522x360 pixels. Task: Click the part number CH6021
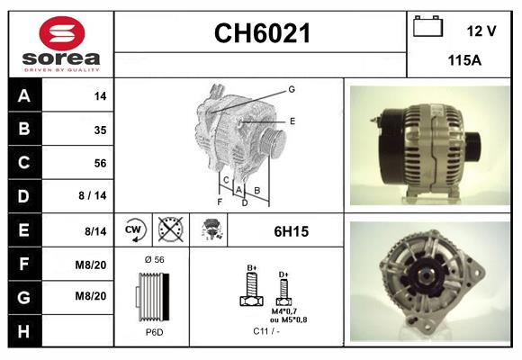[261, 34]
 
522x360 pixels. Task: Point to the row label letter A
[23, 95]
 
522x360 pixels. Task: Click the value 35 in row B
[100, 130]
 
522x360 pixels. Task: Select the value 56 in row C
[100, 163]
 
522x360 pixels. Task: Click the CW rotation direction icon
[133, 230]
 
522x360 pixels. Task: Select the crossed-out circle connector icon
[168, 230]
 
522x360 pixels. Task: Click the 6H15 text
[291, 231]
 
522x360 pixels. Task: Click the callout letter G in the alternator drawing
[292, 89]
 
